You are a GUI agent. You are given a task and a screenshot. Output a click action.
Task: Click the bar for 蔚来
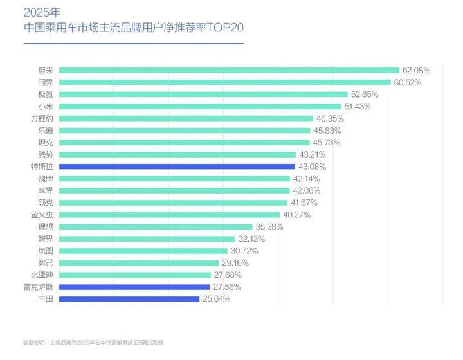(x=229, y=70)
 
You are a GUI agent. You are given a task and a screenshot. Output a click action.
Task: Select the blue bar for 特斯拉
(x=177, y=166)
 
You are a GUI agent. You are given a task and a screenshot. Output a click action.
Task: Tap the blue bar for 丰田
(x=129, y=299)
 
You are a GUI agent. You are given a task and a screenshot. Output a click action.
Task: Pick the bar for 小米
(x=200, y=107)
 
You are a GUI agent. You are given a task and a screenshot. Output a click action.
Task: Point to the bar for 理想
(x=156, y=227)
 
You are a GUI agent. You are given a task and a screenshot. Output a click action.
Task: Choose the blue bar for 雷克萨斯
(x=134, y=287)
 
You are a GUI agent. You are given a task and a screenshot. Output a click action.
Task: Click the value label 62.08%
(x=416, y=71)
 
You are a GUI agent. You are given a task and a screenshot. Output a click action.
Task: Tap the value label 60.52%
(x=408, y=82)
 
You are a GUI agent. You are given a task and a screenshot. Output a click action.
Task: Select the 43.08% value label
(x=313, y=166)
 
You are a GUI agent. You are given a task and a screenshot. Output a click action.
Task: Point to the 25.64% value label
(x=217, y=299)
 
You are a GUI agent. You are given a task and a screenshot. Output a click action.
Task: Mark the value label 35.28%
(x=269, y=227)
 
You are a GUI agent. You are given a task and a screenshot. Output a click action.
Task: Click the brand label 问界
(x=46, y=82)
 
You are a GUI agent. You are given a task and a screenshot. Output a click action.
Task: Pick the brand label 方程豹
(x=42, y=119)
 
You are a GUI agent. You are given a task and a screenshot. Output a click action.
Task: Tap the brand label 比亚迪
(x=42, y=274)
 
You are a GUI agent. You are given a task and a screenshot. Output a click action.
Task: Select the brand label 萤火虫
(x=42, y=215)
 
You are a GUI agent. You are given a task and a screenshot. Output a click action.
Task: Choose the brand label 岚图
(x=46, y=251)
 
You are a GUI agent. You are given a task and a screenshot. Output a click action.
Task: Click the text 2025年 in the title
(x=42, y=12)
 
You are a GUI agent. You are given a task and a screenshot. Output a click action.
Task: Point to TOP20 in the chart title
(x=225, y=28)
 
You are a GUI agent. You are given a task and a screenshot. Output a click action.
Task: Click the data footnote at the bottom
(x=93, y=343)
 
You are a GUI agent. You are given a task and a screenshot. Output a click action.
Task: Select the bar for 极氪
(x=203, y=94)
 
